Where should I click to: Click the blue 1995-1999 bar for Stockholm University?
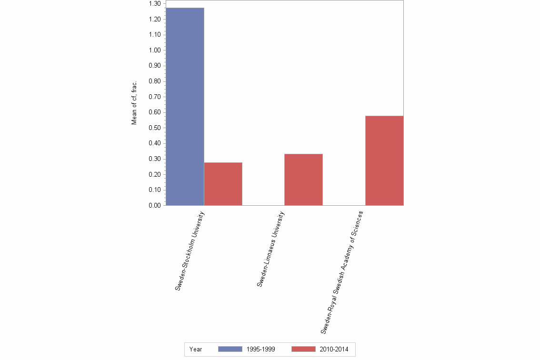pos(185,107)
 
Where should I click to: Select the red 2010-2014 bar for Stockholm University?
pos(223,184)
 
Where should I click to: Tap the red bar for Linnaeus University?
pos(303,180)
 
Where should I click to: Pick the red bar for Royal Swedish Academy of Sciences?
pos(384,160)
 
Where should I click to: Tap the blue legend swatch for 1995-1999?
pos(230,349)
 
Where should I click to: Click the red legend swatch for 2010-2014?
pos(303,349)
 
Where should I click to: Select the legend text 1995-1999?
pos(260,349)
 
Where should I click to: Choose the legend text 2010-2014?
pos(334,349)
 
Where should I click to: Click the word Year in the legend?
pos(195,349)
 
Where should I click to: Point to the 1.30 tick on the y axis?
pos(155,4)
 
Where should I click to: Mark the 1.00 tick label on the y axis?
pos(155,50)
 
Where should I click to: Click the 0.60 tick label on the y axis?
pos(155,112)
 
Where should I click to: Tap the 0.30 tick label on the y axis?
pos(155,159)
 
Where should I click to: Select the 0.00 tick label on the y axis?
pos(155,206)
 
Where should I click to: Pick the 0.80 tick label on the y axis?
pos(155,81)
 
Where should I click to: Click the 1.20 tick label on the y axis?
pos(155,20)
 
